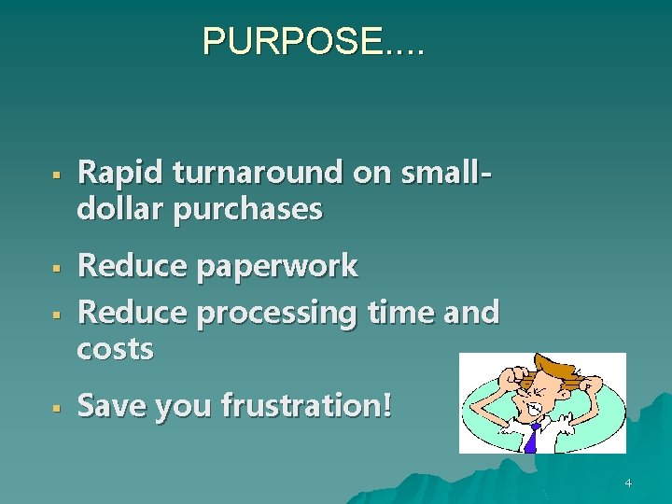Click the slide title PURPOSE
point(313,41)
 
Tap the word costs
point(115,349)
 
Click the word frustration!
point(307,405)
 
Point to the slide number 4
point(627,483)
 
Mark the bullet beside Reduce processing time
point(56,315)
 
